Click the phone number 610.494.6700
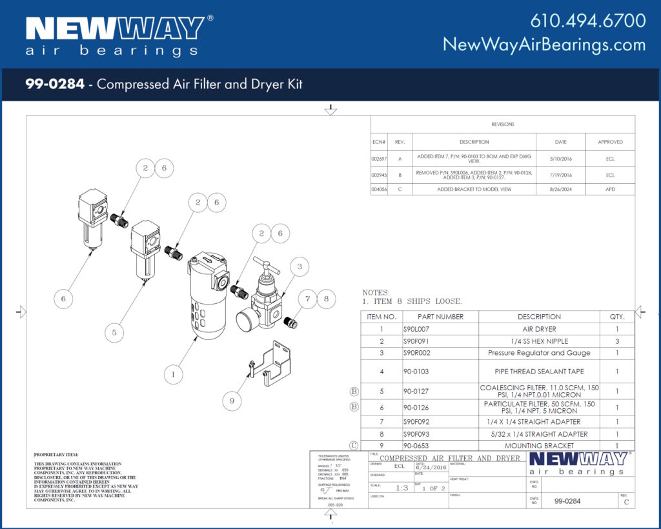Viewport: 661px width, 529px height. click(587, 21)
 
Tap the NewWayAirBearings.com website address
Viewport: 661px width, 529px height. click(544, 45)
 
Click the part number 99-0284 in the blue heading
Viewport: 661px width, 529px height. click(55, 84)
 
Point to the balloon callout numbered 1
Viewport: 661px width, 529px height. click(172, 373)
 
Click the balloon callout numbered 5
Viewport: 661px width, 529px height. click(114, 332)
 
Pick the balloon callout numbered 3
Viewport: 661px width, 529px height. click(299, 266)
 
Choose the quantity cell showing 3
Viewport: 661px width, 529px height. click(616, 341)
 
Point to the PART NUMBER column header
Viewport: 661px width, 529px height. click(440, 317)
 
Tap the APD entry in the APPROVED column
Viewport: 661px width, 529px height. click(610, 190)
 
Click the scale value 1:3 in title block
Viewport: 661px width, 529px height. click(401, 488)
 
